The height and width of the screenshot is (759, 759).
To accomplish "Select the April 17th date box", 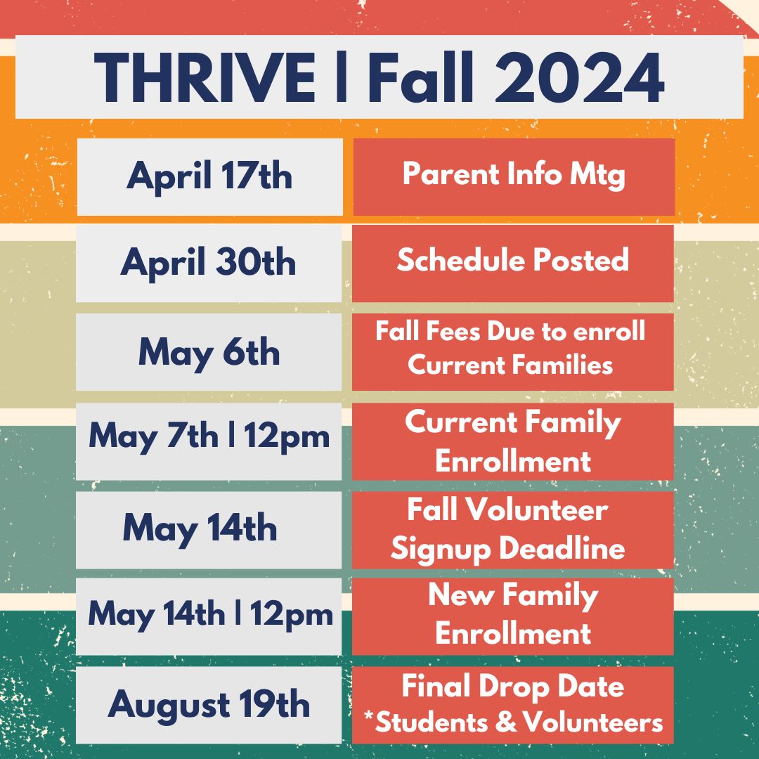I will pos(209,176).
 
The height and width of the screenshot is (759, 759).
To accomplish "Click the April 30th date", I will pos(208,263).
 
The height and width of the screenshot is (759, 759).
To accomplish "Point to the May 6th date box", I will pos(208,351).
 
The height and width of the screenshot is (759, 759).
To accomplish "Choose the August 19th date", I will pos(208,705).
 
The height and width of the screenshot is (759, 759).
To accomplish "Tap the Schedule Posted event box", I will pos(512,261).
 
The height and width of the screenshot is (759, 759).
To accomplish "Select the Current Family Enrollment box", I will pos(512,441).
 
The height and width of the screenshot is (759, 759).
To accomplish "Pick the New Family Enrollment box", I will pos(512,615).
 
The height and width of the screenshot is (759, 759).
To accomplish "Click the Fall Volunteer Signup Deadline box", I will pos(512,529).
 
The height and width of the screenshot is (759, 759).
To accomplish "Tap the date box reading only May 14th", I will pos(200,528).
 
